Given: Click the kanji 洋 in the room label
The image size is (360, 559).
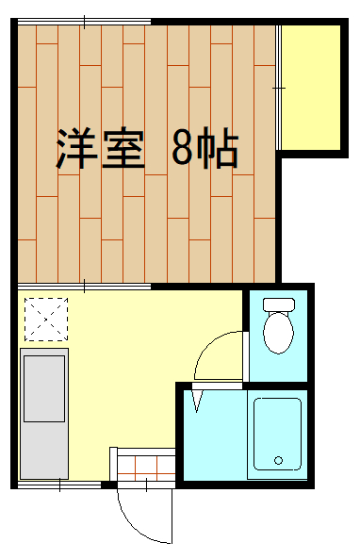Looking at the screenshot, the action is [x=76, y=148].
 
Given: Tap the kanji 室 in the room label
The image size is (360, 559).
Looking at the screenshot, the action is [x=123, y=148].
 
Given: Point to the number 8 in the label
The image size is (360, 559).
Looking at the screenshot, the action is [x=182, y=148].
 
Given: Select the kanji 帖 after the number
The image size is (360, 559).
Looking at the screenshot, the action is [x=218, y=148].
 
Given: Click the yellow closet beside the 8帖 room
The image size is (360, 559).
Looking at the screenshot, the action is [x=311, y=88].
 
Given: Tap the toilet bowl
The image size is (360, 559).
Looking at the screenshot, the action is [x=278, y=333].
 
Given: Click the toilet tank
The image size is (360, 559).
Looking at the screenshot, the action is [x=279, y=304].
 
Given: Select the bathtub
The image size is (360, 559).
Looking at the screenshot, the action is [x=277, y=435].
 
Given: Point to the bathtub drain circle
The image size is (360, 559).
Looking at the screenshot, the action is [x=279, y=460].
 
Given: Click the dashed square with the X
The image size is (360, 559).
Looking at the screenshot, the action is [x=46, y=320].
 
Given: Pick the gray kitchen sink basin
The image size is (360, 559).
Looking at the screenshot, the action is [x=44, y=388].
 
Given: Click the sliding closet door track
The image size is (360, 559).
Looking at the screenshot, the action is [x=279, y=88].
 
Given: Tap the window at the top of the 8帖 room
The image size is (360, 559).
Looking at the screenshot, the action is [x=85, y=22].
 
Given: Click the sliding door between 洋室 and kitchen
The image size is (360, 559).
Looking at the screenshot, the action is [x=85, y=287].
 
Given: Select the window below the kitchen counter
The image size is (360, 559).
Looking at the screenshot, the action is [x=59, y=485].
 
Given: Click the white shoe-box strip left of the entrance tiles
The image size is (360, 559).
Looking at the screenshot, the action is [x=113, y=464].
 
